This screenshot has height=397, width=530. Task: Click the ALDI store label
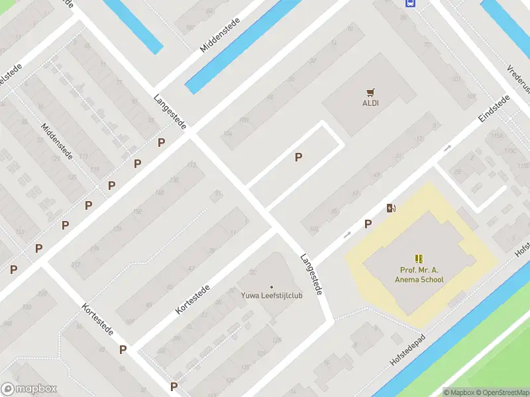pyautogui.click(x=370, y=103)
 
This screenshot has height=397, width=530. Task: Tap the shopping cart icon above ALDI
pyautogui.click(x=370, y=93)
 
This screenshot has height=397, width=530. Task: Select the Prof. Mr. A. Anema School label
pyautogui.click(x=421, y=275)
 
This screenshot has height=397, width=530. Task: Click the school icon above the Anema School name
pyautogui.click(x=419, y=259)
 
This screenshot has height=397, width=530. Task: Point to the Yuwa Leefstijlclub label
pyautogui.click(x=272, y=296)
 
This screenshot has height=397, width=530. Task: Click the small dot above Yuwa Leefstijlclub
pyautogui.click(x=272, y=287)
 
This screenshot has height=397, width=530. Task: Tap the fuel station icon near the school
pyautogui.click(x=392, y=208)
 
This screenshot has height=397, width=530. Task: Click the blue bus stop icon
pyautogui.click(x=410, y=3)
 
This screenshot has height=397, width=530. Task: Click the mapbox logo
pyautogui.click(x=29, y=389)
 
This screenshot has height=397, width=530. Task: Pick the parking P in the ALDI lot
pyautogui.click(x=299, y=157)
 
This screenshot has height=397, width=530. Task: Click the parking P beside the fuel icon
pyautogui.click(x=368, y=224)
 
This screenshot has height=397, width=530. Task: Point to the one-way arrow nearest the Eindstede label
pyautogui.click(x=448, y=148)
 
